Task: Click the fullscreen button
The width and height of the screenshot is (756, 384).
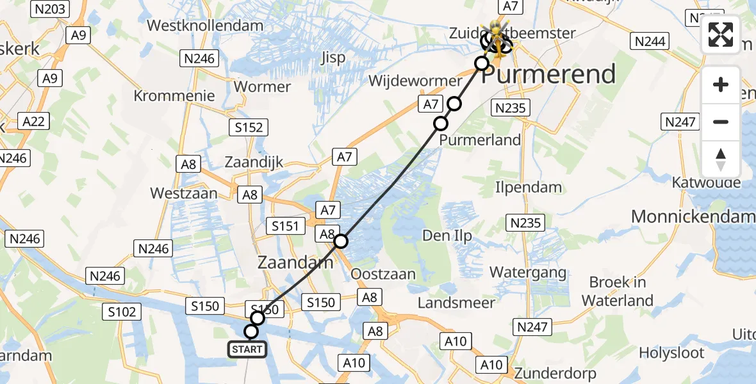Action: point(721,35)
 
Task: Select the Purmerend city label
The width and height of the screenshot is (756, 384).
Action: point(548,74)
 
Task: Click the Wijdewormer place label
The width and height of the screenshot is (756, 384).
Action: point(415,81)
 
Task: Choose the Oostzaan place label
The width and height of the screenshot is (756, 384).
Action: point(384,274)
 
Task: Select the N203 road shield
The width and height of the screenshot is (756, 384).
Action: point(49,9)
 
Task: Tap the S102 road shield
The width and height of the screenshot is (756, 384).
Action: point(122,312)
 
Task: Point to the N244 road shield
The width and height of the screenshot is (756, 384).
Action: point(650,42)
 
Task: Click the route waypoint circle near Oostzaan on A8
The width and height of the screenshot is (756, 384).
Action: point(341,241)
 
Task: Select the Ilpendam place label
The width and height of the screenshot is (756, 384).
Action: point(529,188)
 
